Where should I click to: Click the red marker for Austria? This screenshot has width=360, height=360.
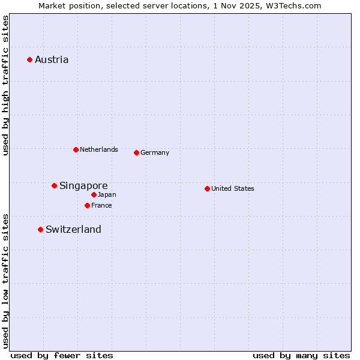[29, 59]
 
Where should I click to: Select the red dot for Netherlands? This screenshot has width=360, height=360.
[76, 149]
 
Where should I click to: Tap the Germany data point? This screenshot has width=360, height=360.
[136, 152]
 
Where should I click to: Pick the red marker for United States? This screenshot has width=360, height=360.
[207, 188]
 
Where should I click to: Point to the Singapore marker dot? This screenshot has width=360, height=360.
[54, 185]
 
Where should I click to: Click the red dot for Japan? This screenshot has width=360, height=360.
[94, 194]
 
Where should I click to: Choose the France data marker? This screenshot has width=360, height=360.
[87, 205]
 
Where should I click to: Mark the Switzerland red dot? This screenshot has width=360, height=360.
[40, 229]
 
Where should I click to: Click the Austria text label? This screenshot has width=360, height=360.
[52, 59]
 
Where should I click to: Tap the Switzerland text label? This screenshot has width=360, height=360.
[73, 229]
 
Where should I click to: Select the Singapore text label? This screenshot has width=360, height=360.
[83, 185]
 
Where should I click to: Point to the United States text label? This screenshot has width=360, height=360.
[233, 188]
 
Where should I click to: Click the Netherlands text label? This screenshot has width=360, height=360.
[99, 149]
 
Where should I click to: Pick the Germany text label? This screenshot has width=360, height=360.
[155, 152]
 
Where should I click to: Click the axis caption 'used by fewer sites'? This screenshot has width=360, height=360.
[62, 355]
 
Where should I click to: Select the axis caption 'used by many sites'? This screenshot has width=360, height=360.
[301, 355]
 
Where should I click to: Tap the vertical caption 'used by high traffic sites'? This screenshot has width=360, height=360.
[5, 85]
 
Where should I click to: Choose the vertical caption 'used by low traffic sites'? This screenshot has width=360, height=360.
[5, 280]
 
